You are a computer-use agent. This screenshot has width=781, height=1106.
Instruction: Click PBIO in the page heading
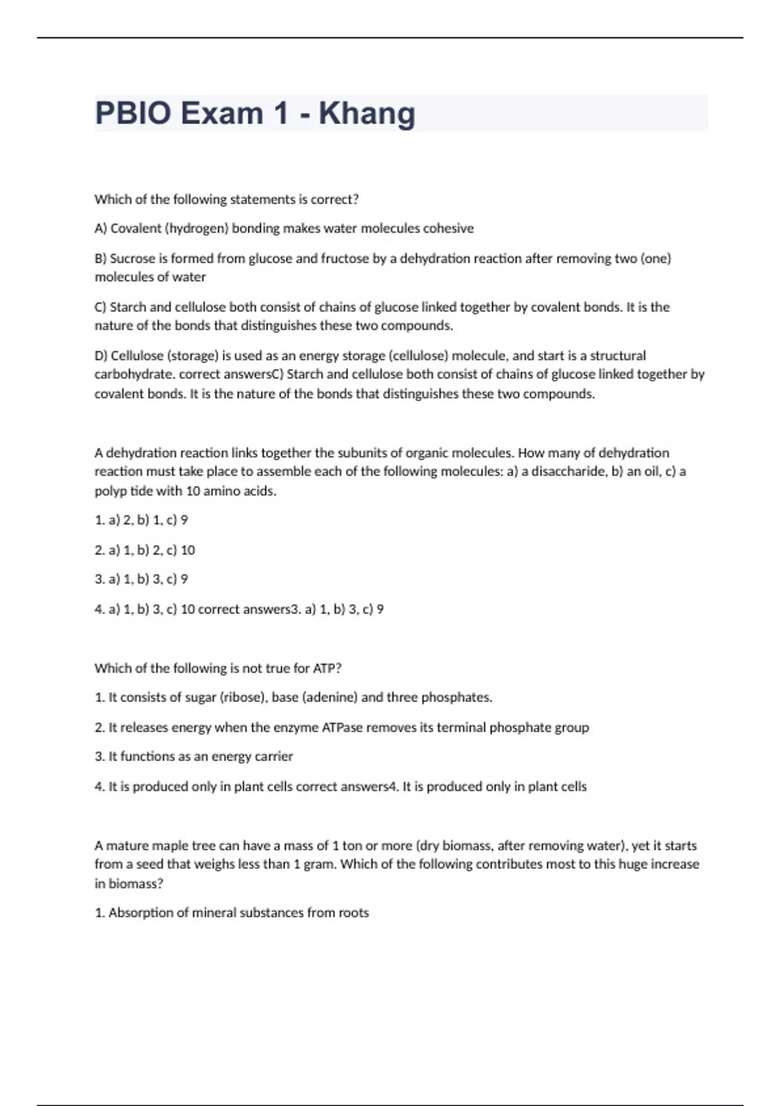[x=133, y=113]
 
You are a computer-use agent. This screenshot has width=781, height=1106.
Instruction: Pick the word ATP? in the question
[x=327, y=668]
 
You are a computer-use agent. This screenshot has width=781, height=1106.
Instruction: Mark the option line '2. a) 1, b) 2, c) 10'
[x=144, y=550]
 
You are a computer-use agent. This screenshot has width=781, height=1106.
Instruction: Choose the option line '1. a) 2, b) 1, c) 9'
[x=141, y=520]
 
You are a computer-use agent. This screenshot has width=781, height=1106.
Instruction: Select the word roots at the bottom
[x=353, y=913]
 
